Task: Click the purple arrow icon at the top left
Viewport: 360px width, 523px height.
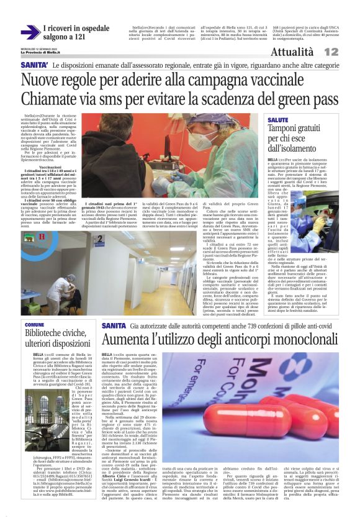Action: [30, 32]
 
